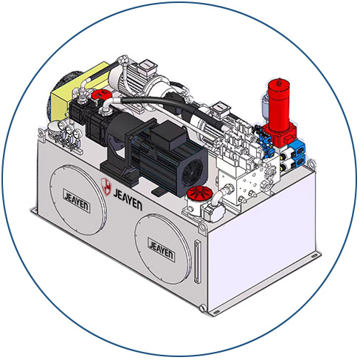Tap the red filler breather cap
tap(199, 192)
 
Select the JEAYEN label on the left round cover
tap(77, 201)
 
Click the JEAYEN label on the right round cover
tap(162, 250)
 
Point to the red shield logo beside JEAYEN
tap(106, 186)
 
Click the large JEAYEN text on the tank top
tap(128, 200)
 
